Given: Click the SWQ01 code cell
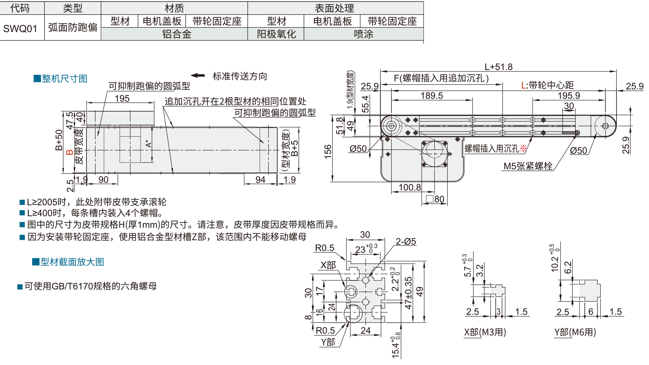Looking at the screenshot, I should coord(20,28).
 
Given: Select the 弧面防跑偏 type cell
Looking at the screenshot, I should coord(73,27).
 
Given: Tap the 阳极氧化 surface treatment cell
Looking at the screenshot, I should coord(276,34).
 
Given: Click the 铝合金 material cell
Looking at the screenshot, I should coord(177,34).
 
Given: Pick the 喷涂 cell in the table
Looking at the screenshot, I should coord(363,34).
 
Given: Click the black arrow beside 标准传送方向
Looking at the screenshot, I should coord(198,75).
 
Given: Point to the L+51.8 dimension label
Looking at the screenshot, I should coord(498,67).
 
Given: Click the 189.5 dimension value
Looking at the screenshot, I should coord(431,96).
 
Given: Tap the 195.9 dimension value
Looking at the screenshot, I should coord(569,96).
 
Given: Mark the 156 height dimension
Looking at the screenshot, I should coord(328,151).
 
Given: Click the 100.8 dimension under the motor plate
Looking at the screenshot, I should coord(410,187).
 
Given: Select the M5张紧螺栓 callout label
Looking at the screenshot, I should coord(528,166).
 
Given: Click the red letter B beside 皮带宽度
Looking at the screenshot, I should coord(70,152).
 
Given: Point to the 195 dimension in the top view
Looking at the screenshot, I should coord(122,98).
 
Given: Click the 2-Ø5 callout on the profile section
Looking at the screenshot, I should coord(406,241).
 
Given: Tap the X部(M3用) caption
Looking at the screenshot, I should coord(485,332).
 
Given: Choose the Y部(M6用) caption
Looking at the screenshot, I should coord(575,332).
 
